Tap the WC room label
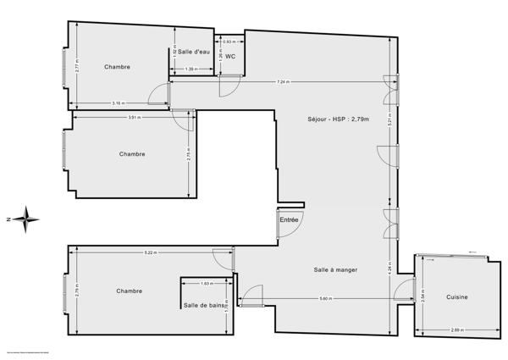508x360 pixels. click(229, 57)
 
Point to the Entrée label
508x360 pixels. click(289, 219)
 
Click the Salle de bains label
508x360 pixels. click(204, 305)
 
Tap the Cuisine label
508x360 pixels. click(458, 297)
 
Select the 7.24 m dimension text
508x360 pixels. click(283, 82)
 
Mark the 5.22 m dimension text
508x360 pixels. click(150, 252)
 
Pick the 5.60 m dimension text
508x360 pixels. click(325, 298)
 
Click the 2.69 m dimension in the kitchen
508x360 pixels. click(457, 330)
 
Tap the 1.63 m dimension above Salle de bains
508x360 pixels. click(207, 283)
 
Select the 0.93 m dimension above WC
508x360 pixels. click(229, 42)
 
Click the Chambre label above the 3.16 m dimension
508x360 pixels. click(117, 66)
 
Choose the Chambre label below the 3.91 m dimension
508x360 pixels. click(132, 153)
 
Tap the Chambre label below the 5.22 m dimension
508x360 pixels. click(129, 291)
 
